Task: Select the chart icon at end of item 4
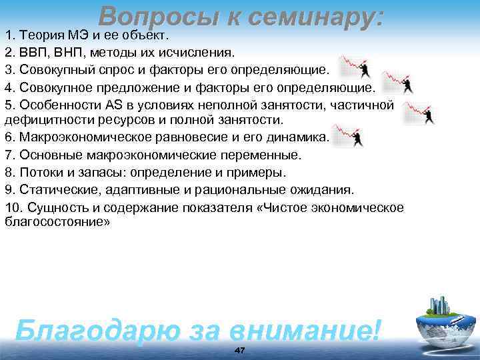[399, 82]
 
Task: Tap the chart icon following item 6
[349, 135]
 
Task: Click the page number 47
[240, 351]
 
